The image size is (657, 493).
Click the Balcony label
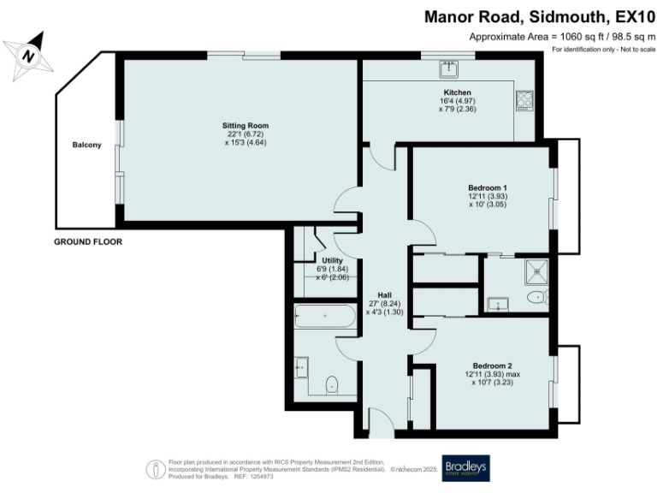[86, 145]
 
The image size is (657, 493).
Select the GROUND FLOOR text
[88, 242]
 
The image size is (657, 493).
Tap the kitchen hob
[525, 100]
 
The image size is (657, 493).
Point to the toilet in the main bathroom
[334, 384]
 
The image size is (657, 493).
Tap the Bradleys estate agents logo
[465, 467]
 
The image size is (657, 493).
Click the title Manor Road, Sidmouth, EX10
[539, 16]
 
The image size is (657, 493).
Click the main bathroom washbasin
[300, 368]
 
